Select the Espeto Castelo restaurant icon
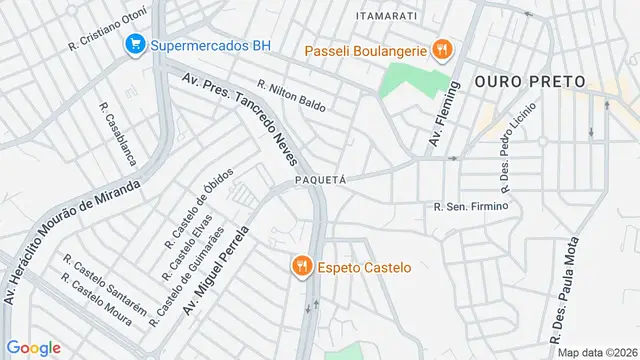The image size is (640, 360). coord(300,266)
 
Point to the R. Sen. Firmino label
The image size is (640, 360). coord(472,207)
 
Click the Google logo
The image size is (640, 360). coord(33,348)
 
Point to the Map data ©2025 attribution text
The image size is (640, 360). coord(597,352)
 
